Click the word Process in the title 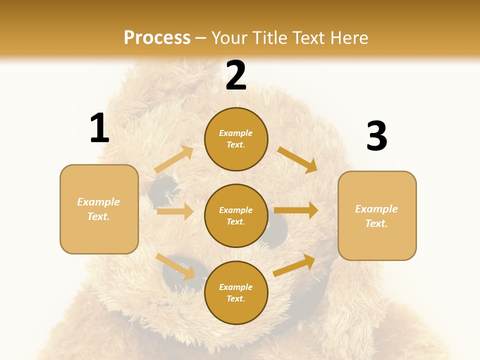(157, 37)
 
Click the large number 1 (99, 128)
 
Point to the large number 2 (236, 75)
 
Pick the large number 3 (376, 136)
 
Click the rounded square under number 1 (99, 209)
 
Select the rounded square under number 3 (377, 215)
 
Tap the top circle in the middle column (236, 139)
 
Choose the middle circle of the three (236, 215)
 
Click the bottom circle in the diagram (236, 292)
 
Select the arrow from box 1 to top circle (174, 159)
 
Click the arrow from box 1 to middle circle (175, 211)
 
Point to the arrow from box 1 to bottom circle (175, 266)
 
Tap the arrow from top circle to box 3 (297, 159)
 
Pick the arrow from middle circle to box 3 (296, 210)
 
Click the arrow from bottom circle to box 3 (294, 265)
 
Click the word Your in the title (230, 37)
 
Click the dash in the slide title (201, 38)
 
